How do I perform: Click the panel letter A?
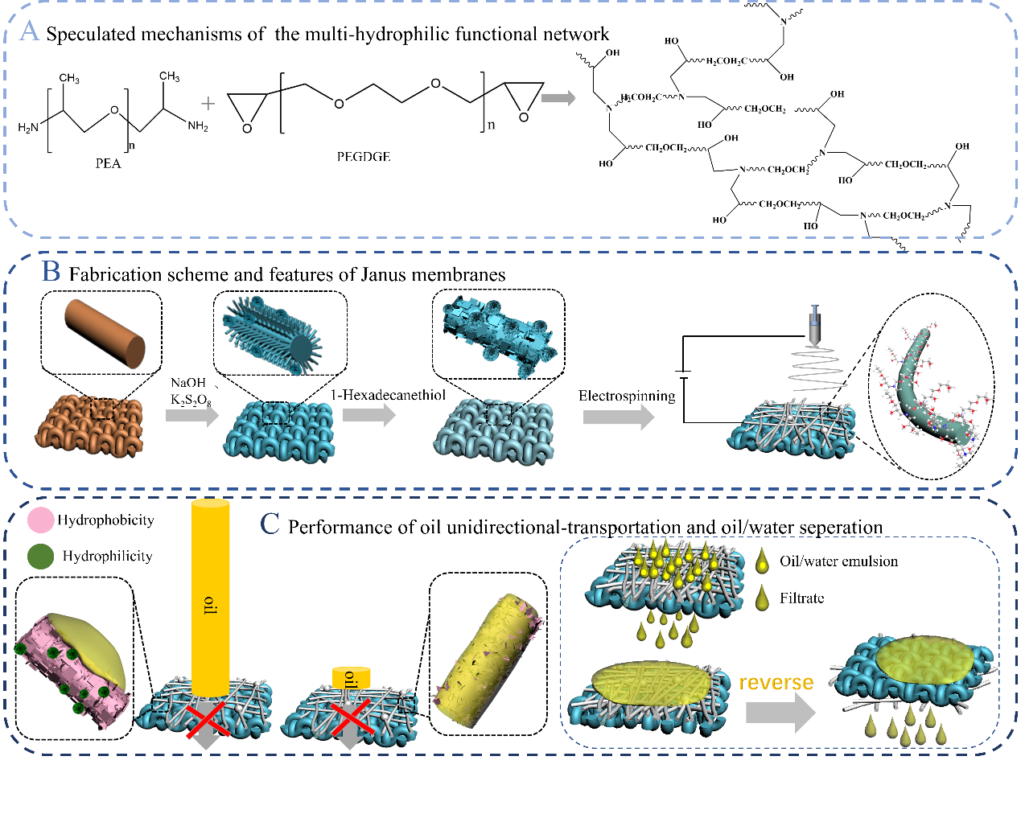coord(29,32)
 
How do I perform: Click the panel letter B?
coord(51,272)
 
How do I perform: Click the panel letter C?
coord(270,524)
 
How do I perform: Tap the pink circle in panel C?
coord(41,520)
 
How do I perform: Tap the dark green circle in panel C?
coord(41,556)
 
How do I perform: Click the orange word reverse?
coord(776,683)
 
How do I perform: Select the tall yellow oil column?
coord(210,595)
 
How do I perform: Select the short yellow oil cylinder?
coord(352,678)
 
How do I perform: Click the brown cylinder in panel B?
coord(105,333)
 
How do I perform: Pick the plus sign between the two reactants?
coord(208,104)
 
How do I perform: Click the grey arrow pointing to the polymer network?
coord(558,98)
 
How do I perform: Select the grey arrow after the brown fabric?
coord(192,416)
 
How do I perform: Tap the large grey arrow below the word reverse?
coord(780,713)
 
